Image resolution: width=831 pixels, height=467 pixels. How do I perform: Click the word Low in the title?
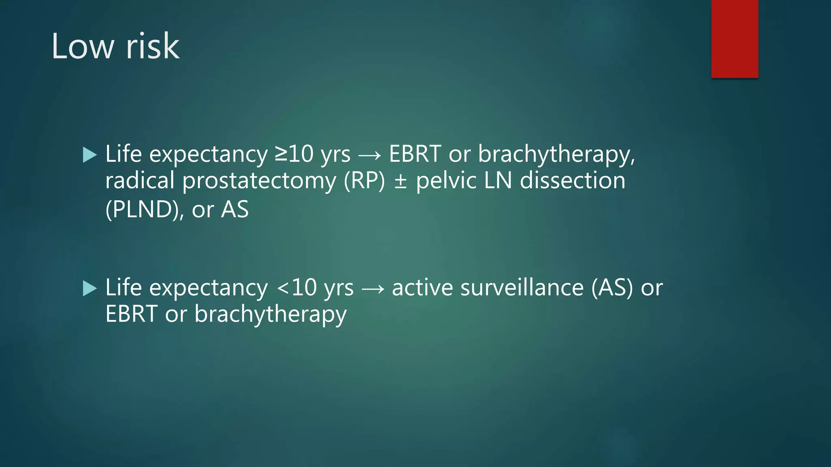pos(83,47)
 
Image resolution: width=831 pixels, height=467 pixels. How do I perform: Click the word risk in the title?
pos(153,47)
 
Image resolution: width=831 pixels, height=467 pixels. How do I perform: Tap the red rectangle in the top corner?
pos(734,39)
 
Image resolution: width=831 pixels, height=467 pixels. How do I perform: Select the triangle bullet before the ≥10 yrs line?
pos(90,155)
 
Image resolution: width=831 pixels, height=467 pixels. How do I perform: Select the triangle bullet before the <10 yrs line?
pos(90,289)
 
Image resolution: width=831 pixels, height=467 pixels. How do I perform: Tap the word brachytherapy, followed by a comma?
pos(556,155)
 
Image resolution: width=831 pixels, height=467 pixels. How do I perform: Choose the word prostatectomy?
pos(259,181)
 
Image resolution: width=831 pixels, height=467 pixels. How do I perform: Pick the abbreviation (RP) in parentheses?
pos(364,181)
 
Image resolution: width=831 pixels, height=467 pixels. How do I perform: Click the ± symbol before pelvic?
pos(400,181)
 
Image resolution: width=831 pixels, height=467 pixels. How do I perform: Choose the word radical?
pos(140,180)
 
